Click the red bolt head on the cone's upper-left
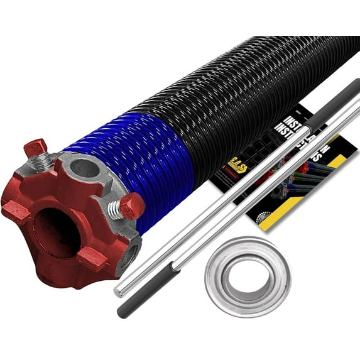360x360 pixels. pyautogui.click(x=35, y=149)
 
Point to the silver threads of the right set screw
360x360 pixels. pyautogui.click(x=116, y=210)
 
